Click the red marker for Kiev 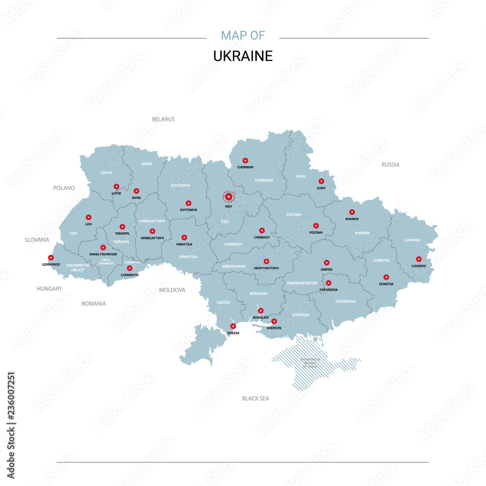pos(228,196)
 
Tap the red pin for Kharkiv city pos(352,212)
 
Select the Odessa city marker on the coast pos(233,326)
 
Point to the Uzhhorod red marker pos(51,258)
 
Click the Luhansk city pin pos(418,259)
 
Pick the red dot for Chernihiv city pos(245,160)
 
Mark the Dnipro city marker pos(327,262)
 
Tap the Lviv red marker pos(88,217)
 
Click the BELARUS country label pos(163,119)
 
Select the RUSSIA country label pos(390,165)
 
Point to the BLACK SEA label pos(256,399)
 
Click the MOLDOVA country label pos(172,290)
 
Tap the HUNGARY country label pos(50,289)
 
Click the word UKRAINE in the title pos(243,56)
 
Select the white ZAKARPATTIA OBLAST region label pos(78,267)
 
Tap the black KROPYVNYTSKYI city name pos(266,268)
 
